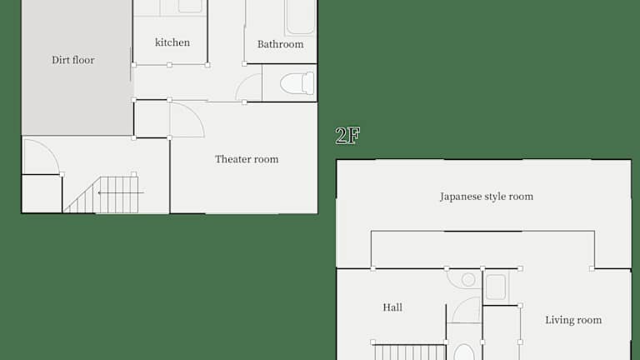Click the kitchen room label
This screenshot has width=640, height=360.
point(172,42)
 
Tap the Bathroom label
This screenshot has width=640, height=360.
point(280,44)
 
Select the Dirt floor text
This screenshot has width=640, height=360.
point(73,60)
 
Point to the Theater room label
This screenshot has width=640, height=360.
point(247,159)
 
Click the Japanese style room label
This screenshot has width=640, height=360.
point(487,197)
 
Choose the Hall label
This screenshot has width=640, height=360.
point(392,307)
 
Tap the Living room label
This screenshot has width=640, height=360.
point(573,320)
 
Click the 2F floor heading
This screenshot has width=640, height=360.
point(347,136)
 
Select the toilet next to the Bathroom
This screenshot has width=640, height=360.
point(297,83)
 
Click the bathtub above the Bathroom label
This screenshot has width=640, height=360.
point(300,17)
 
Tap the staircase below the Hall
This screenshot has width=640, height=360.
point(410,352)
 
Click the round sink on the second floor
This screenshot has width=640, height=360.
point(468,280)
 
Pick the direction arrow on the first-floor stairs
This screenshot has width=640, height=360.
point(121,192)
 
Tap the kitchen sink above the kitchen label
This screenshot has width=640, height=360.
point(190,6)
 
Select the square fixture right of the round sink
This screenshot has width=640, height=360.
point(496,287)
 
